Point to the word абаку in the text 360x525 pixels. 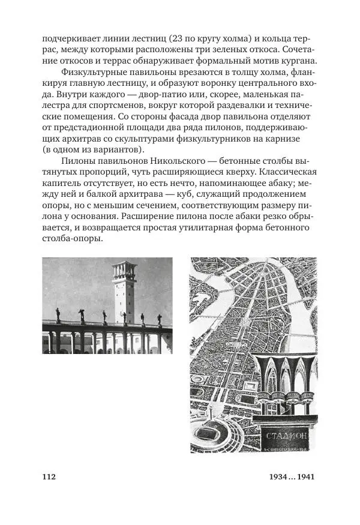pos(282,184)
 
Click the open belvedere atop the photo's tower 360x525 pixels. pos(125,268)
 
